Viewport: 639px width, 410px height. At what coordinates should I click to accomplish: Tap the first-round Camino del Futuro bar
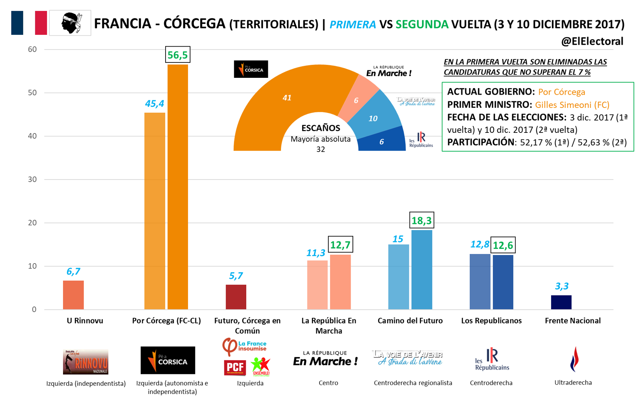(398, 277)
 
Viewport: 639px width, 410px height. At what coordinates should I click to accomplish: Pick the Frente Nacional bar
(561, 302)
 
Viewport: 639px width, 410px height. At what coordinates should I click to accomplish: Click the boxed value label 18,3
(421, 221)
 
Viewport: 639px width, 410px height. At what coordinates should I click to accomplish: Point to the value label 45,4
(154, 104)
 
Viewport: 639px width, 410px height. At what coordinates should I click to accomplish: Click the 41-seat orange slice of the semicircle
(278, 106)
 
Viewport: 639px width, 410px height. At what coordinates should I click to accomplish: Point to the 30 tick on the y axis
(32, 179)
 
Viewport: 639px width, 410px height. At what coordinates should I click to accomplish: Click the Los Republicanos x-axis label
(491, 321)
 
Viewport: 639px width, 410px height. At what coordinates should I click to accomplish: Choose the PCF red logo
(234, 367)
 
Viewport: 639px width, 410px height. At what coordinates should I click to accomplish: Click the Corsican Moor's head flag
(70, 23)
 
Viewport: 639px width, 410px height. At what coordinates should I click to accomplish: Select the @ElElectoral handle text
(592, 41)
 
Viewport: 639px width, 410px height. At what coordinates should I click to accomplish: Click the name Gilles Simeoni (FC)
(572, 105)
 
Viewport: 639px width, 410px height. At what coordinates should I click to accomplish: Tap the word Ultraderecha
(573, 382)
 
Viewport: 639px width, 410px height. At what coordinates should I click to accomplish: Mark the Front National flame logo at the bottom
(574, 359)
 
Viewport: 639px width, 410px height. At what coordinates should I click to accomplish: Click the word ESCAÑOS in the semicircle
(321, 128)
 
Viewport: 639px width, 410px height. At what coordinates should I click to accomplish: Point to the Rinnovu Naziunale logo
(85, 362)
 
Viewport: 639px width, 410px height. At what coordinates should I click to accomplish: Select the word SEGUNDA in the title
(422, 25)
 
